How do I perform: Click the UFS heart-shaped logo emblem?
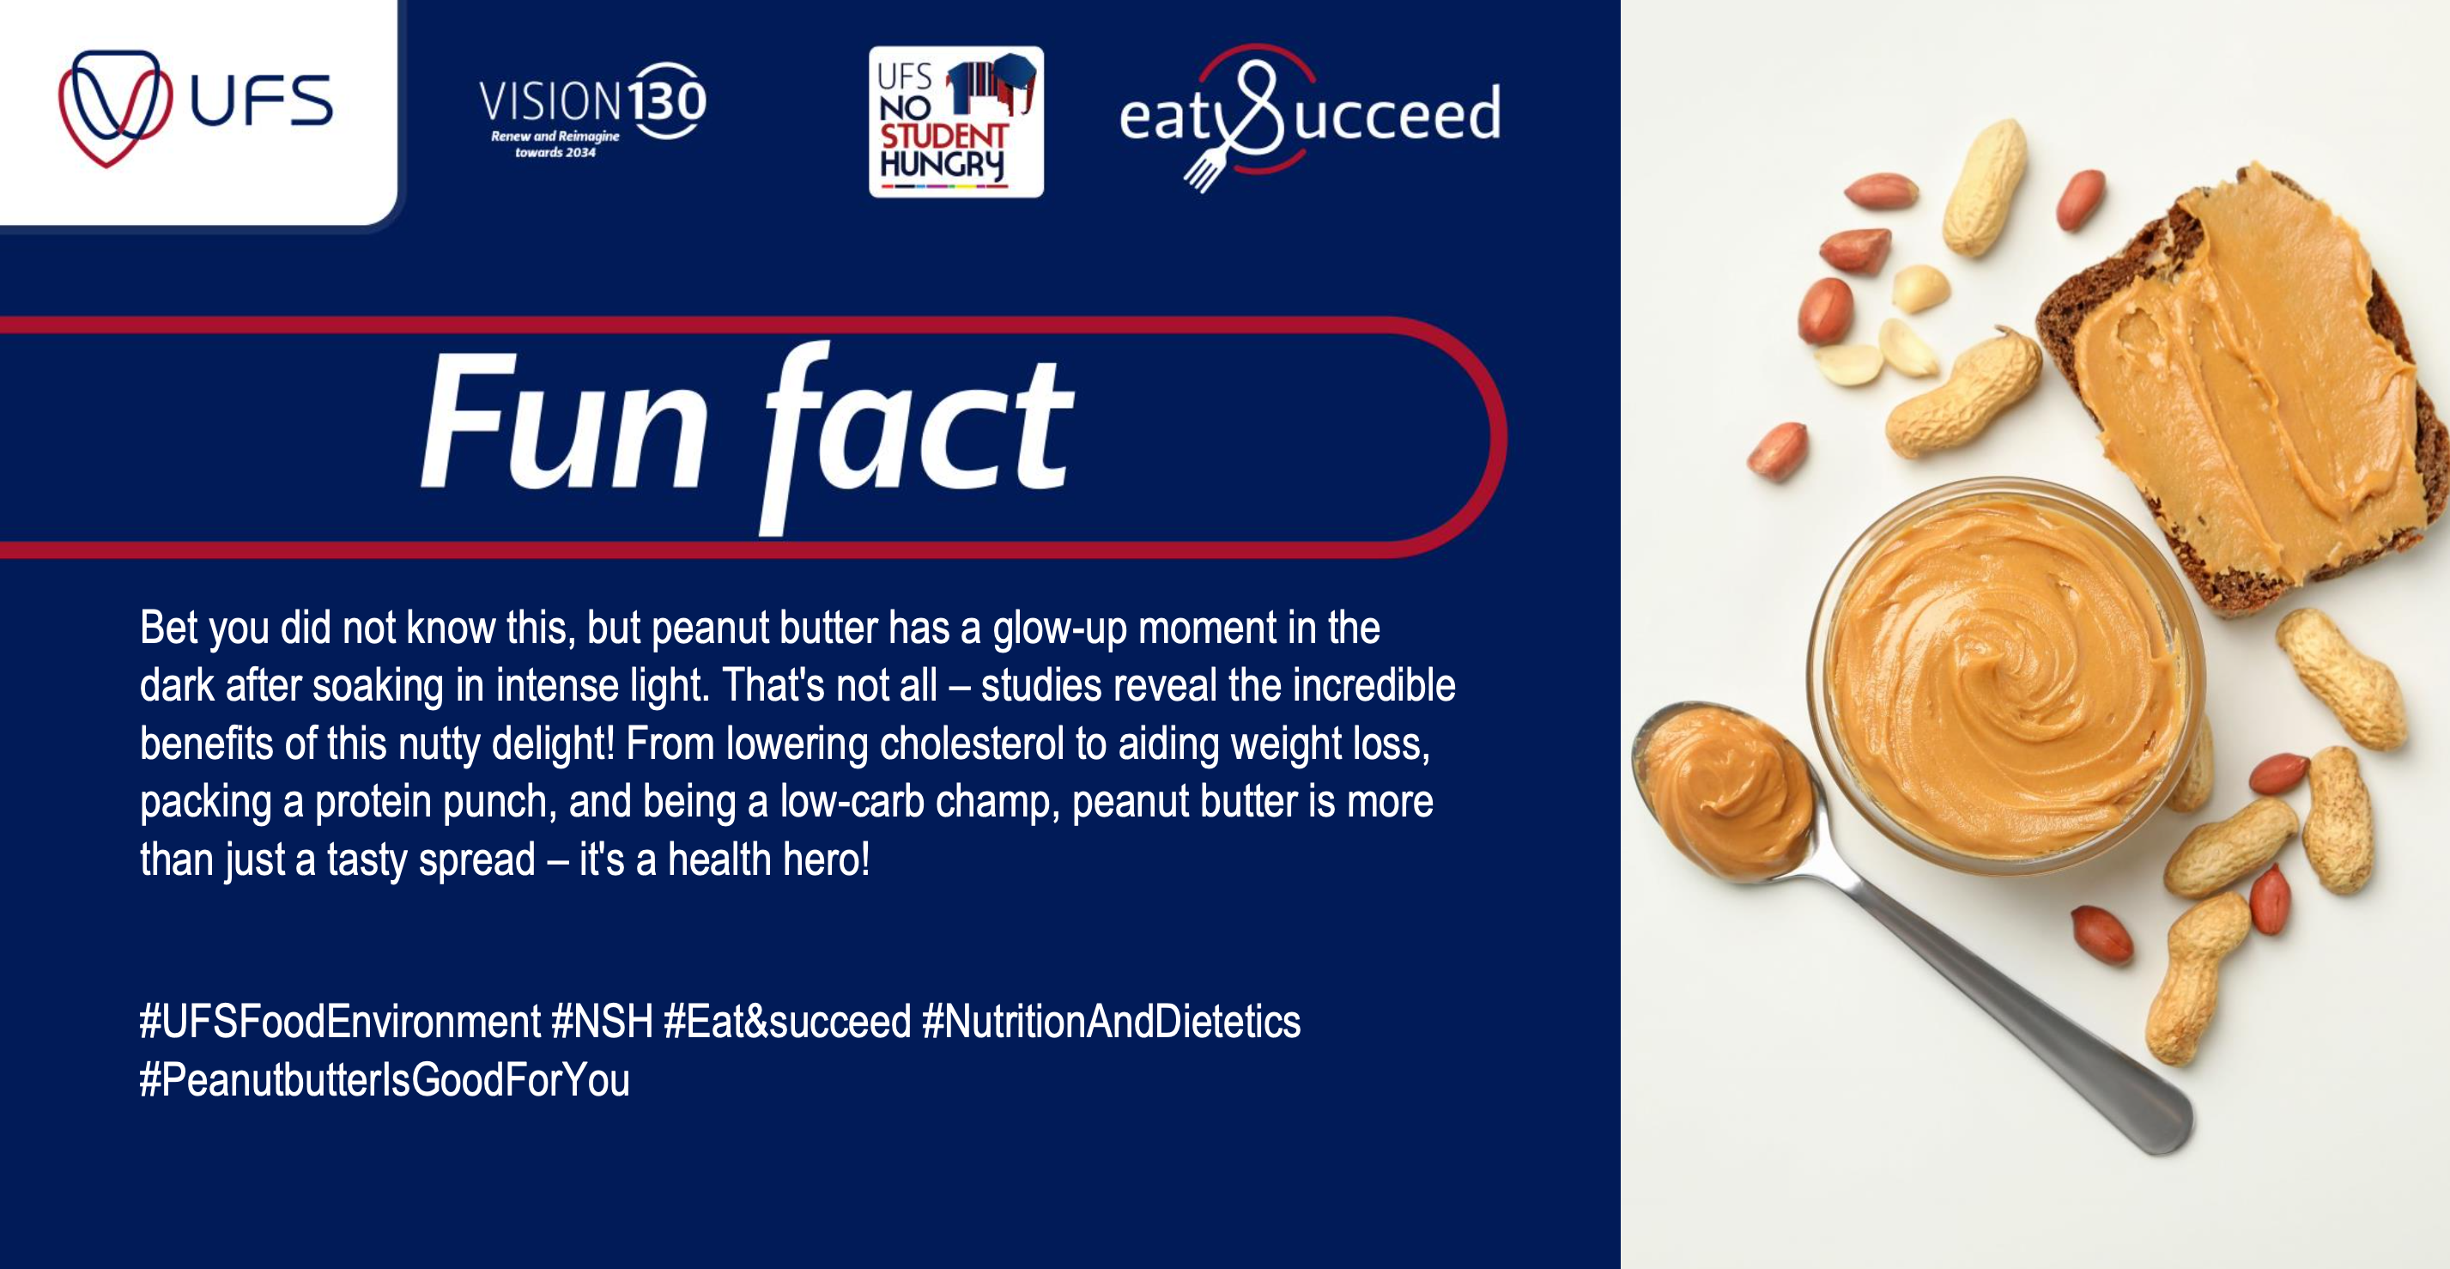click(115, 107)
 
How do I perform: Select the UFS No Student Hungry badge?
click(955, 122)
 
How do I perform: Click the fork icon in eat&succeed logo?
click(1204, 168)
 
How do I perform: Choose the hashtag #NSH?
click(602, 1022)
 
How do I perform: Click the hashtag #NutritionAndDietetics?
click(1111, 1022)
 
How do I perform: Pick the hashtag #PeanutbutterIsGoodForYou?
click(385, 1080)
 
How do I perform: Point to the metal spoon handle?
click(2007, 1008)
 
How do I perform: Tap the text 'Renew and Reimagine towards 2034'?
click(555, 143)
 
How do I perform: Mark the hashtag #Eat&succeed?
click(787, 1022)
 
